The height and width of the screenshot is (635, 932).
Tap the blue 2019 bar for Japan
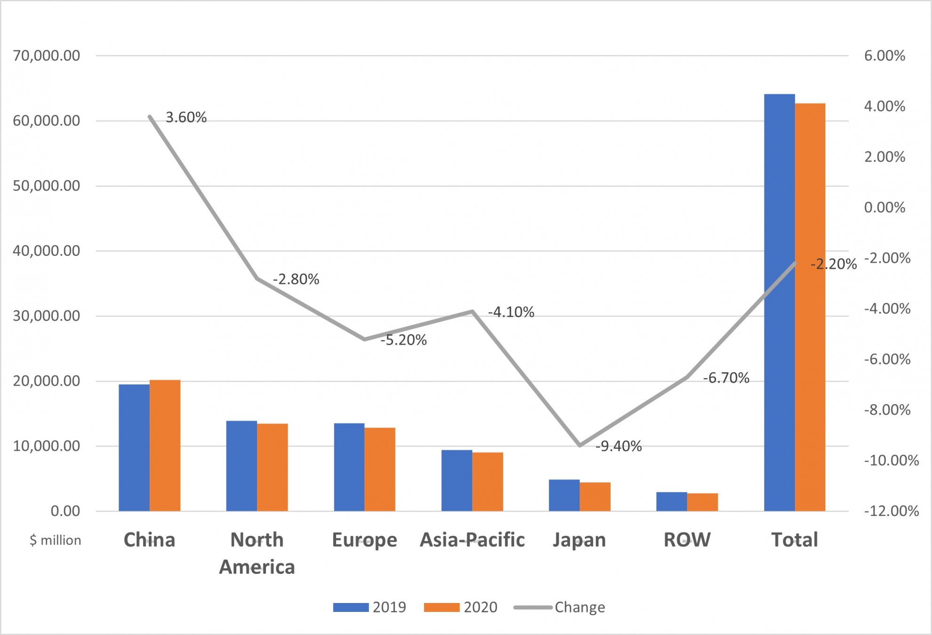tap(564, 495)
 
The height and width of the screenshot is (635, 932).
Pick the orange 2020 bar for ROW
tap(702, 502)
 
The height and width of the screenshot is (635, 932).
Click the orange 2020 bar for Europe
tap(379, 469)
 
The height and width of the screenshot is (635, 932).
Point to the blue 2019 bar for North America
tap(241, 466)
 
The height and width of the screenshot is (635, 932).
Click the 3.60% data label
tap(186, 118)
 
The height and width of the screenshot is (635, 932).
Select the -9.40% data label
tap(619, 446)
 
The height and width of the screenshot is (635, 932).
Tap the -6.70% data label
tap(726, 378)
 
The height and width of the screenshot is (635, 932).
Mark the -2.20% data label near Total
tap(833, 264)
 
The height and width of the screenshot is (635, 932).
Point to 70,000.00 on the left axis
tap(47, 56)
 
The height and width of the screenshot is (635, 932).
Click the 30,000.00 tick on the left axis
tap(47, 316)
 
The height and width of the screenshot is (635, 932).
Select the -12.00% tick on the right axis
tap(891, 511)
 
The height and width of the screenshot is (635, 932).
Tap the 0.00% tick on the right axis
tap(884, 207)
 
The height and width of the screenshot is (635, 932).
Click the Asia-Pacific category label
tap(472, 540)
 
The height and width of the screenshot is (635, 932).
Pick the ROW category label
tap(687, 540)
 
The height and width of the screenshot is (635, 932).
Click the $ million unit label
tap(55, 540)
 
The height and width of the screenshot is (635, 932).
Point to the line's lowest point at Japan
tap(580, 445)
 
